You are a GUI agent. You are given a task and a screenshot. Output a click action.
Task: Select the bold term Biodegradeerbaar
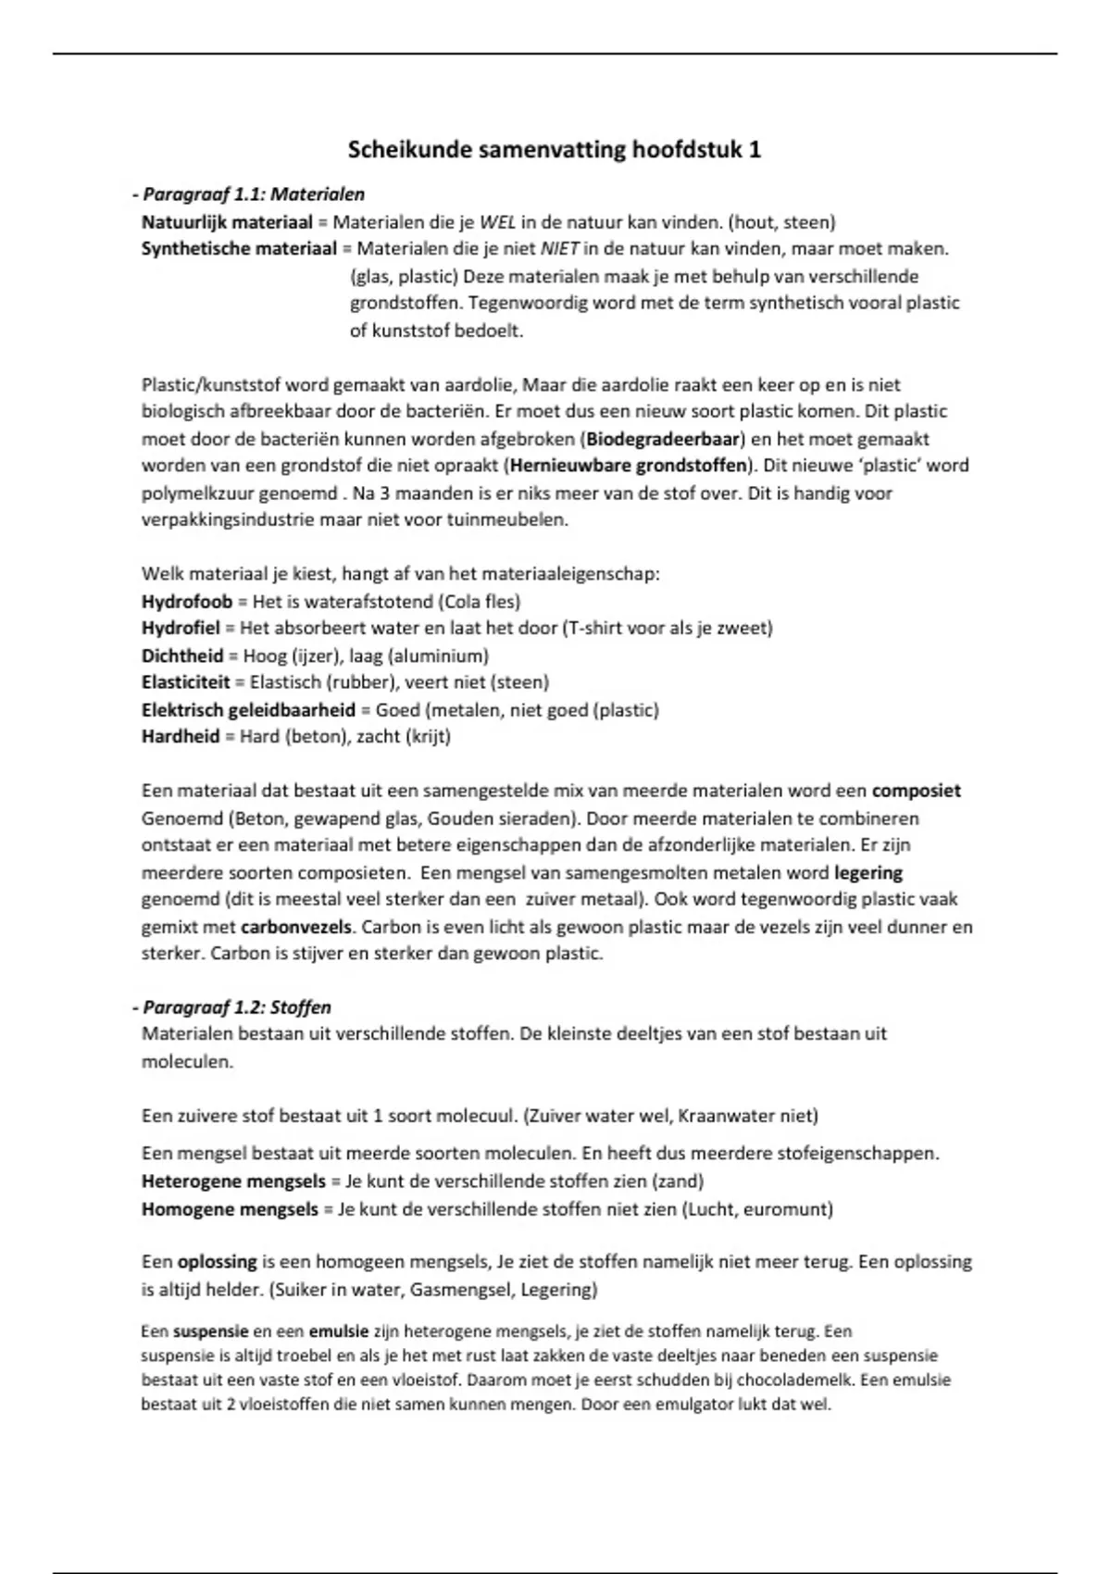[665, 439]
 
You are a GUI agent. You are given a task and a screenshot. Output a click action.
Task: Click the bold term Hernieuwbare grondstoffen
[629, 466]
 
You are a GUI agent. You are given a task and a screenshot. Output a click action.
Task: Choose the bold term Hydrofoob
[187, 602]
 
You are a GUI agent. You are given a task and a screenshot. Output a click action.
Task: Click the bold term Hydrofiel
[181, 629]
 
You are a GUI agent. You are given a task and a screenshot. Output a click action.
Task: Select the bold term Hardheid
[181, 737]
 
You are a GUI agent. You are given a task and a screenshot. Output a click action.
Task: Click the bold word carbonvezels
[296, 927]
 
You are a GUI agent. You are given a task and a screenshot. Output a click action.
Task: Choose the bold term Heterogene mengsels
[233, 1181]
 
